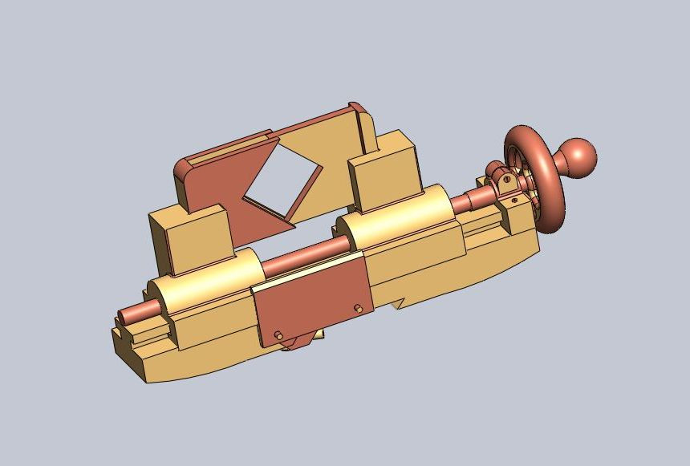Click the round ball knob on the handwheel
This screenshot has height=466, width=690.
(578, 157)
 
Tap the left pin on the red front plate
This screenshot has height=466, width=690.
(278, 334)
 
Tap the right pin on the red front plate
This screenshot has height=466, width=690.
(359, 308)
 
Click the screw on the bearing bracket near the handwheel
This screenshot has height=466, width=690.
(506, 180)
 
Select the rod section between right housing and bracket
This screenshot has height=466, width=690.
(469, 197)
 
